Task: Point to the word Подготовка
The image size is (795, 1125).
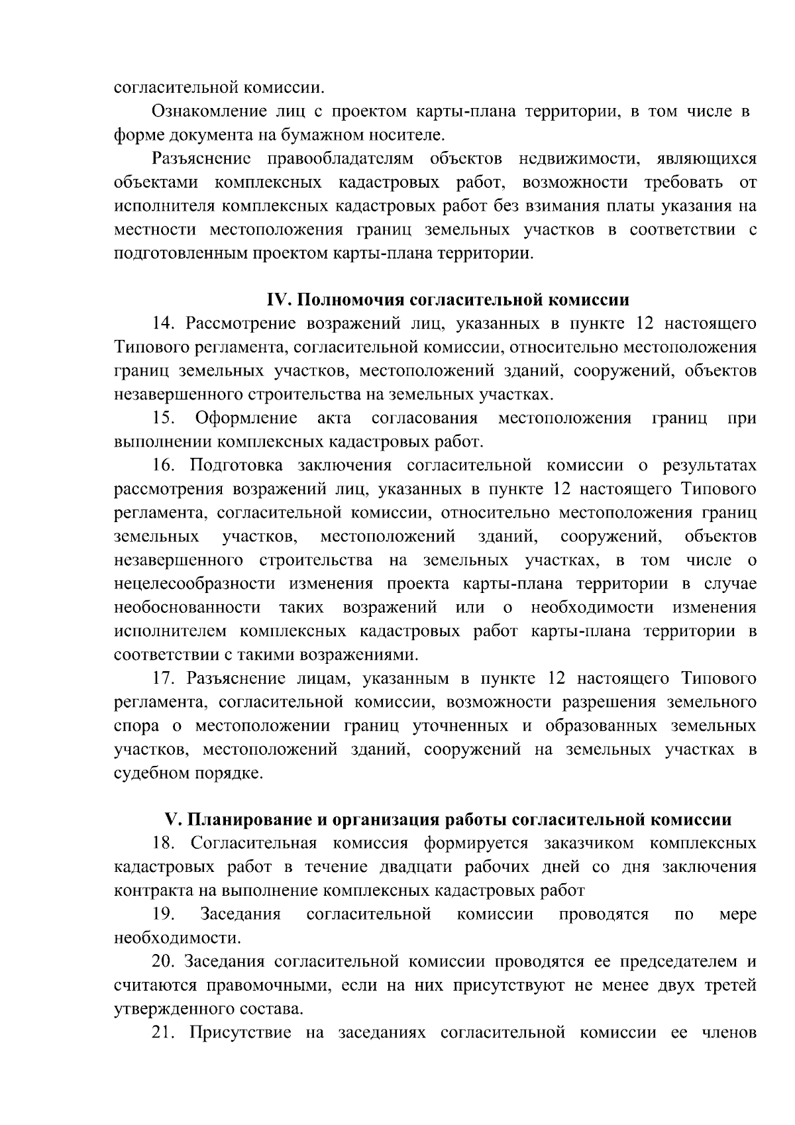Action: (x=235, y=466)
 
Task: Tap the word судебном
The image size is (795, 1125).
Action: (x=151, y=773)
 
